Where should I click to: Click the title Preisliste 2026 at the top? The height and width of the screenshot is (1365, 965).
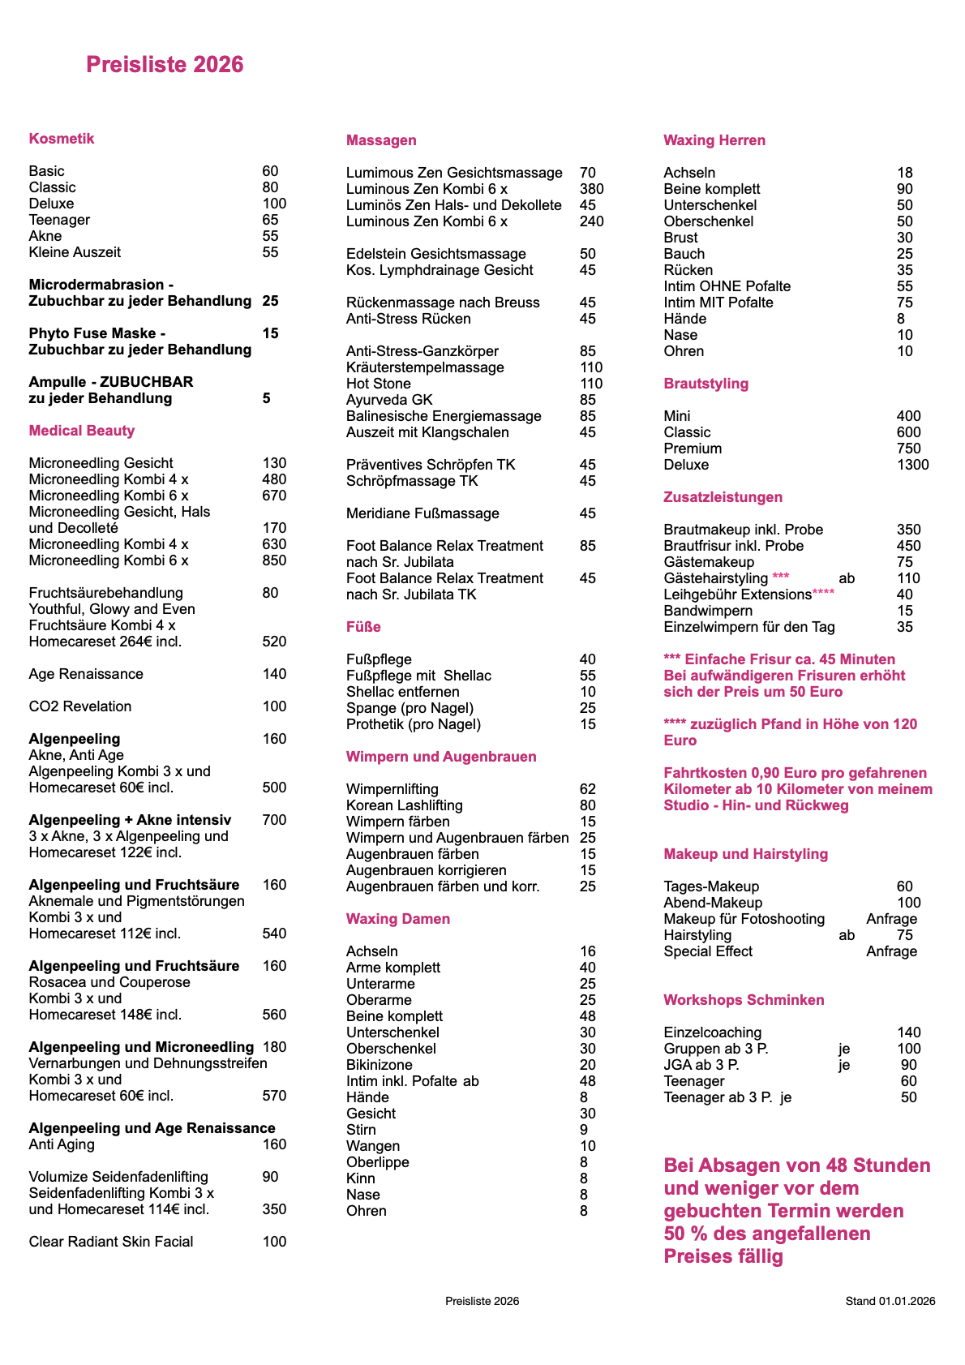coord(165,65)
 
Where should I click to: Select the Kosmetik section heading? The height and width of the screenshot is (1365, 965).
coord(62,139)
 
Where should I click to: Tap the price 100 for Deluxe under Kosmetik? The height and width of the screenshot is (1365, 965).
coord(274,204)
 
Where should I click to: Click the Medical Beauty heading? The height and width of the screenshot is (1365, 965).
coord(82,431)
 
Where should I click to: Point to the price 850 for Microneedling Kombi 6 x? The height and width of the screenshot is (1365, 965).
coord(274,560)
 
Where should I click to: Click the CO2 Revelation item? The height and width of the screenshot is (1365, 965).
coord(80,706)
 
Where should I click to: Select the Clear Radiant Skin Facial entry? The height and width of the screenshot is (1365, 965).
coord(111,1242)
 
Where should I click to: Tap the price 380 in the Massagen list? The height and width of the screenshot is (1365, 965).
coord(591,189)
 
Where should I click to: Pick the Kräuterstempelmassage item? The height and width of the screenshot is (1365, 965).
coord(425,367)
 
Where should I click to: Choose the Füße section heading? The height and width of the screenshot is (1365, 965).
coord(363,627)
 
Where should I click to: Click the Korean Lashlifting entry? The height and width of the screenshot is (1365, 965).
coord(405,805)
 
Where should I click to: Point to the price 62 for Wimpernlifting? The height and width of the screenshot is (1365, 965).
coord(588,789)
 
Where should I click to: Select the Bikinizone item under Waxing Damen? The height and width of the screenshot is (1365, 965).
coord(380,1065)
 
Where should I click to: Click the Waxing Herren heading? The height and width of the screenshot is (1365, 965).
coord(714,140)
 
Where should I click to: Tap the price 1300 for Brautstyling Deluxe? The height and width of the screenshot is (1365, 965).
coord(913,465)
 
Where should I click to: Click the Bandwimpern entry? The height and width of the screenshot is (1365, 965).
coord(708,611)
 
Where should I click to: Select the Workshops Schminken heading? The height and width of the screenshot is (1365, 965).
coord(744,1000)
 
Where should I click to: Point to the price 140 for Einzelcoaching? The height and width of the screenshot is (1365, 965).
coord(909,1032)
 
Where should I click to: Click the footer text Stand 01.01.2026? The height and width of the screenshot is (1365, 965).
coord(890,1301)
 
